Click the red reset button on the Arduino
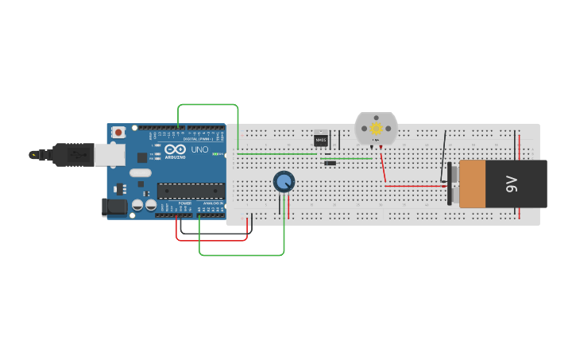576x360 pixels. pos(118,132)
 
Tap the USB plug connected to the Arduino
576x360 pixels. pos(75,154)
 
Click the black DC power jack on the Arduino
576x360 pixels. pos(114,207)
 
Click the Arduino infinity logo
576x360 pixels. pos(176,149)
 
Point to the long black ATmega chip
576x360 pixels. pos(190,190)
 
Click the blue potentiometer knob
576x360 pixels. pos(284,182)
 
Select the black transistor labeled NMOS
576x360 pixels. pos(321,140)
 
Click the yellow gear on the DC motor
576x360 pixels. pos(377,128)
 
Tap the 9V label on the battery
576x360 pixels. pos(511,184)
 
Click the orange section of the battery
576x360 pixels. pos(472,184)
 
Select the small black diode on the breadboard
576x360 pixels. pos(330,163)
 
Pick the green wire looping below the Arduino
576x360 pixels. pos(238,255)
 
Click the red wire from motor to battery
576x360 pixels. pos(413,186)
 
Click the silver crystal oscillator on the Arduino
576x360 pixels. pos(141,172)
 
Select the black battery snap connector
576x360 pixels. pos(450,184)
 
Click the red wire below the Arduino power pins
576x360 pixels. pos(211,239)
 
